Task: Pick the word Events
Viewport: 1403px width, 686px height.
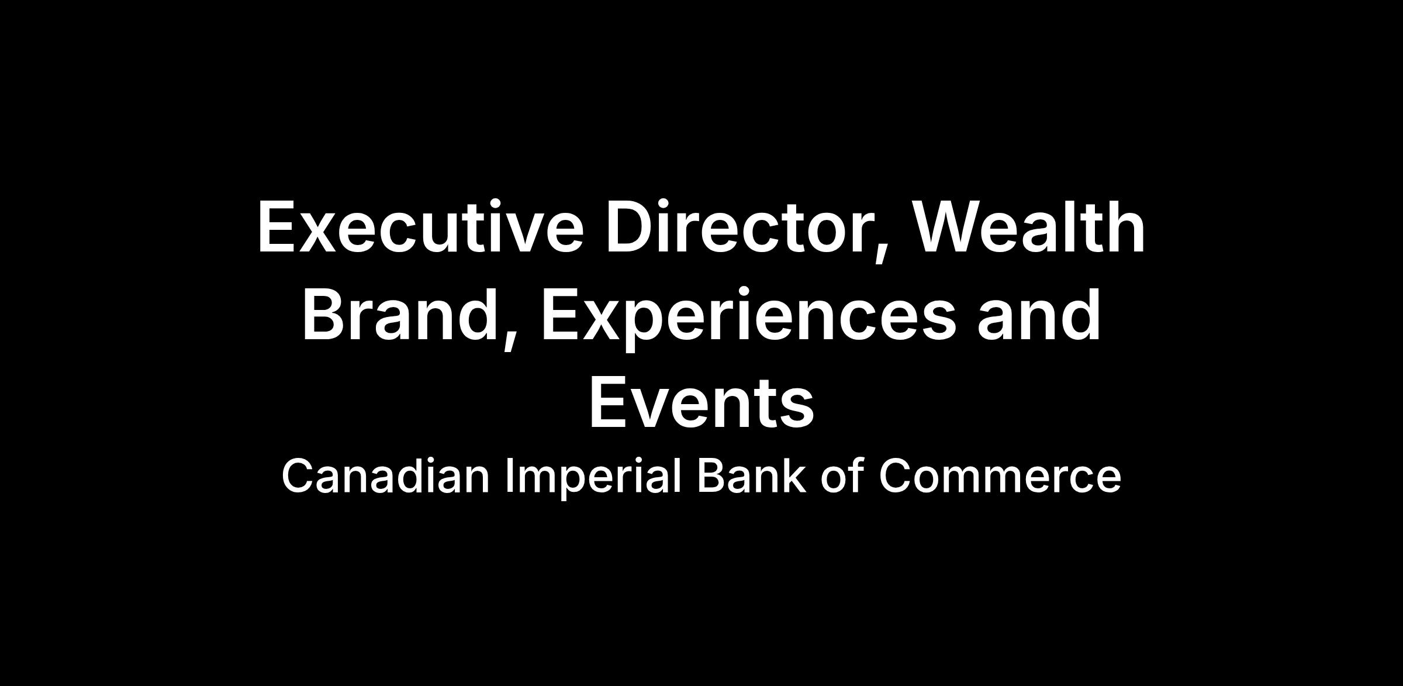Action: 701,403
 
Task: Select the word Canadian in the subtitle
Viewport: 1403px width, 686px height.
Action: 386,476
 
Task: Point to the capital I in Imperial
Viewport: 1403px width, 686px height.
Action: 509,476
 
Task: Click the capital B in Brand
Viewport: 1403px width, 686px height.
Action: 324,315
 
